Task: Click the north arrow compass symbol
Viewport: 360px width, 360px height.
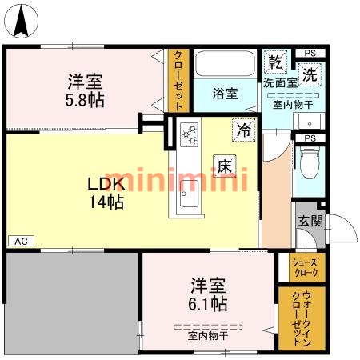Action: coord(22,21)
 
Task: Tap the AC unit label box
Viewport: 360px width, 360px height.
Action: coord(21,241)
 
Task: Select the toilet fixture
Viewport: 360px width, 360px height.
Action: coord(310,163)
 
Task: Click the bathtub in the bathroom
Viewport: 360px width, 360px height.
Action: coord(225,63)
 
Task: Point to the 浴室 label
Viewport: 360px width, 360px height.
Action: coord(225,94)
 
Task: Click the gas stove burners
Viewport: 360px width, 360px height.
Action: coord(189,134)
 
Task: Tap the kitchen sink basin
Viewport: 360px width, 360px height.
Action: coord(189,194)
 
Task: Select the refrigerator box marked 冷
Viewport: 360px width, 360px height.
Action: coord(244,130)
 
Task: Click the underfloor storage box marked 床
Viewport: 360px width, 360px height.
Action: coord(225,166)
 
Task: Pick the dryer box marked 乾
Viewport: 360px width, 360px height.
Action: coord(275,62)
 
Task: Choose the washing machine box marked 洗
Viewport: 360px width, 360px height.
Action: coord(310,74)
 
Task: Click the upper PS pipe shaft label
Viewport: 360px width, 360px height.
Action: coord(310,53)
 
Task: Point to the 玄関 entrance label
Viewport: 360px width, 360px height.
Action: coord(310,221)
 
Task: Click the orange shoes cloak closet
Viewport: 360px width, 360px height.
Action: coord(307,267)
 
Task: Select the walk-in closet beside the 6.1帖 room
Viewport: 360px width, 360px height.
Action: coord(302,318)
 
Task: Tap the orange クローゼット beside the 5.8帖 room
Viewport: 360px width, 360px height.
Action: coord(178,80)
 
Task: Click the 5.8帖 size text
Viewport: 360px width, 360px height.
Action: coord(85,100)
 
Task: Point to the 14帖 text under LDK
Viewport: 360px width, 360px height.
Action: coord(106,202)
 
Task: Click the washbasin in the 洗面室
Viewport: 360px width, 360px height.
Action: coord(310,121)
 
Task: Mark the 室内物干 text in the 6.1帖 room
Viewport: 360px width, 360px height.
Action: coord(208,336)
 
